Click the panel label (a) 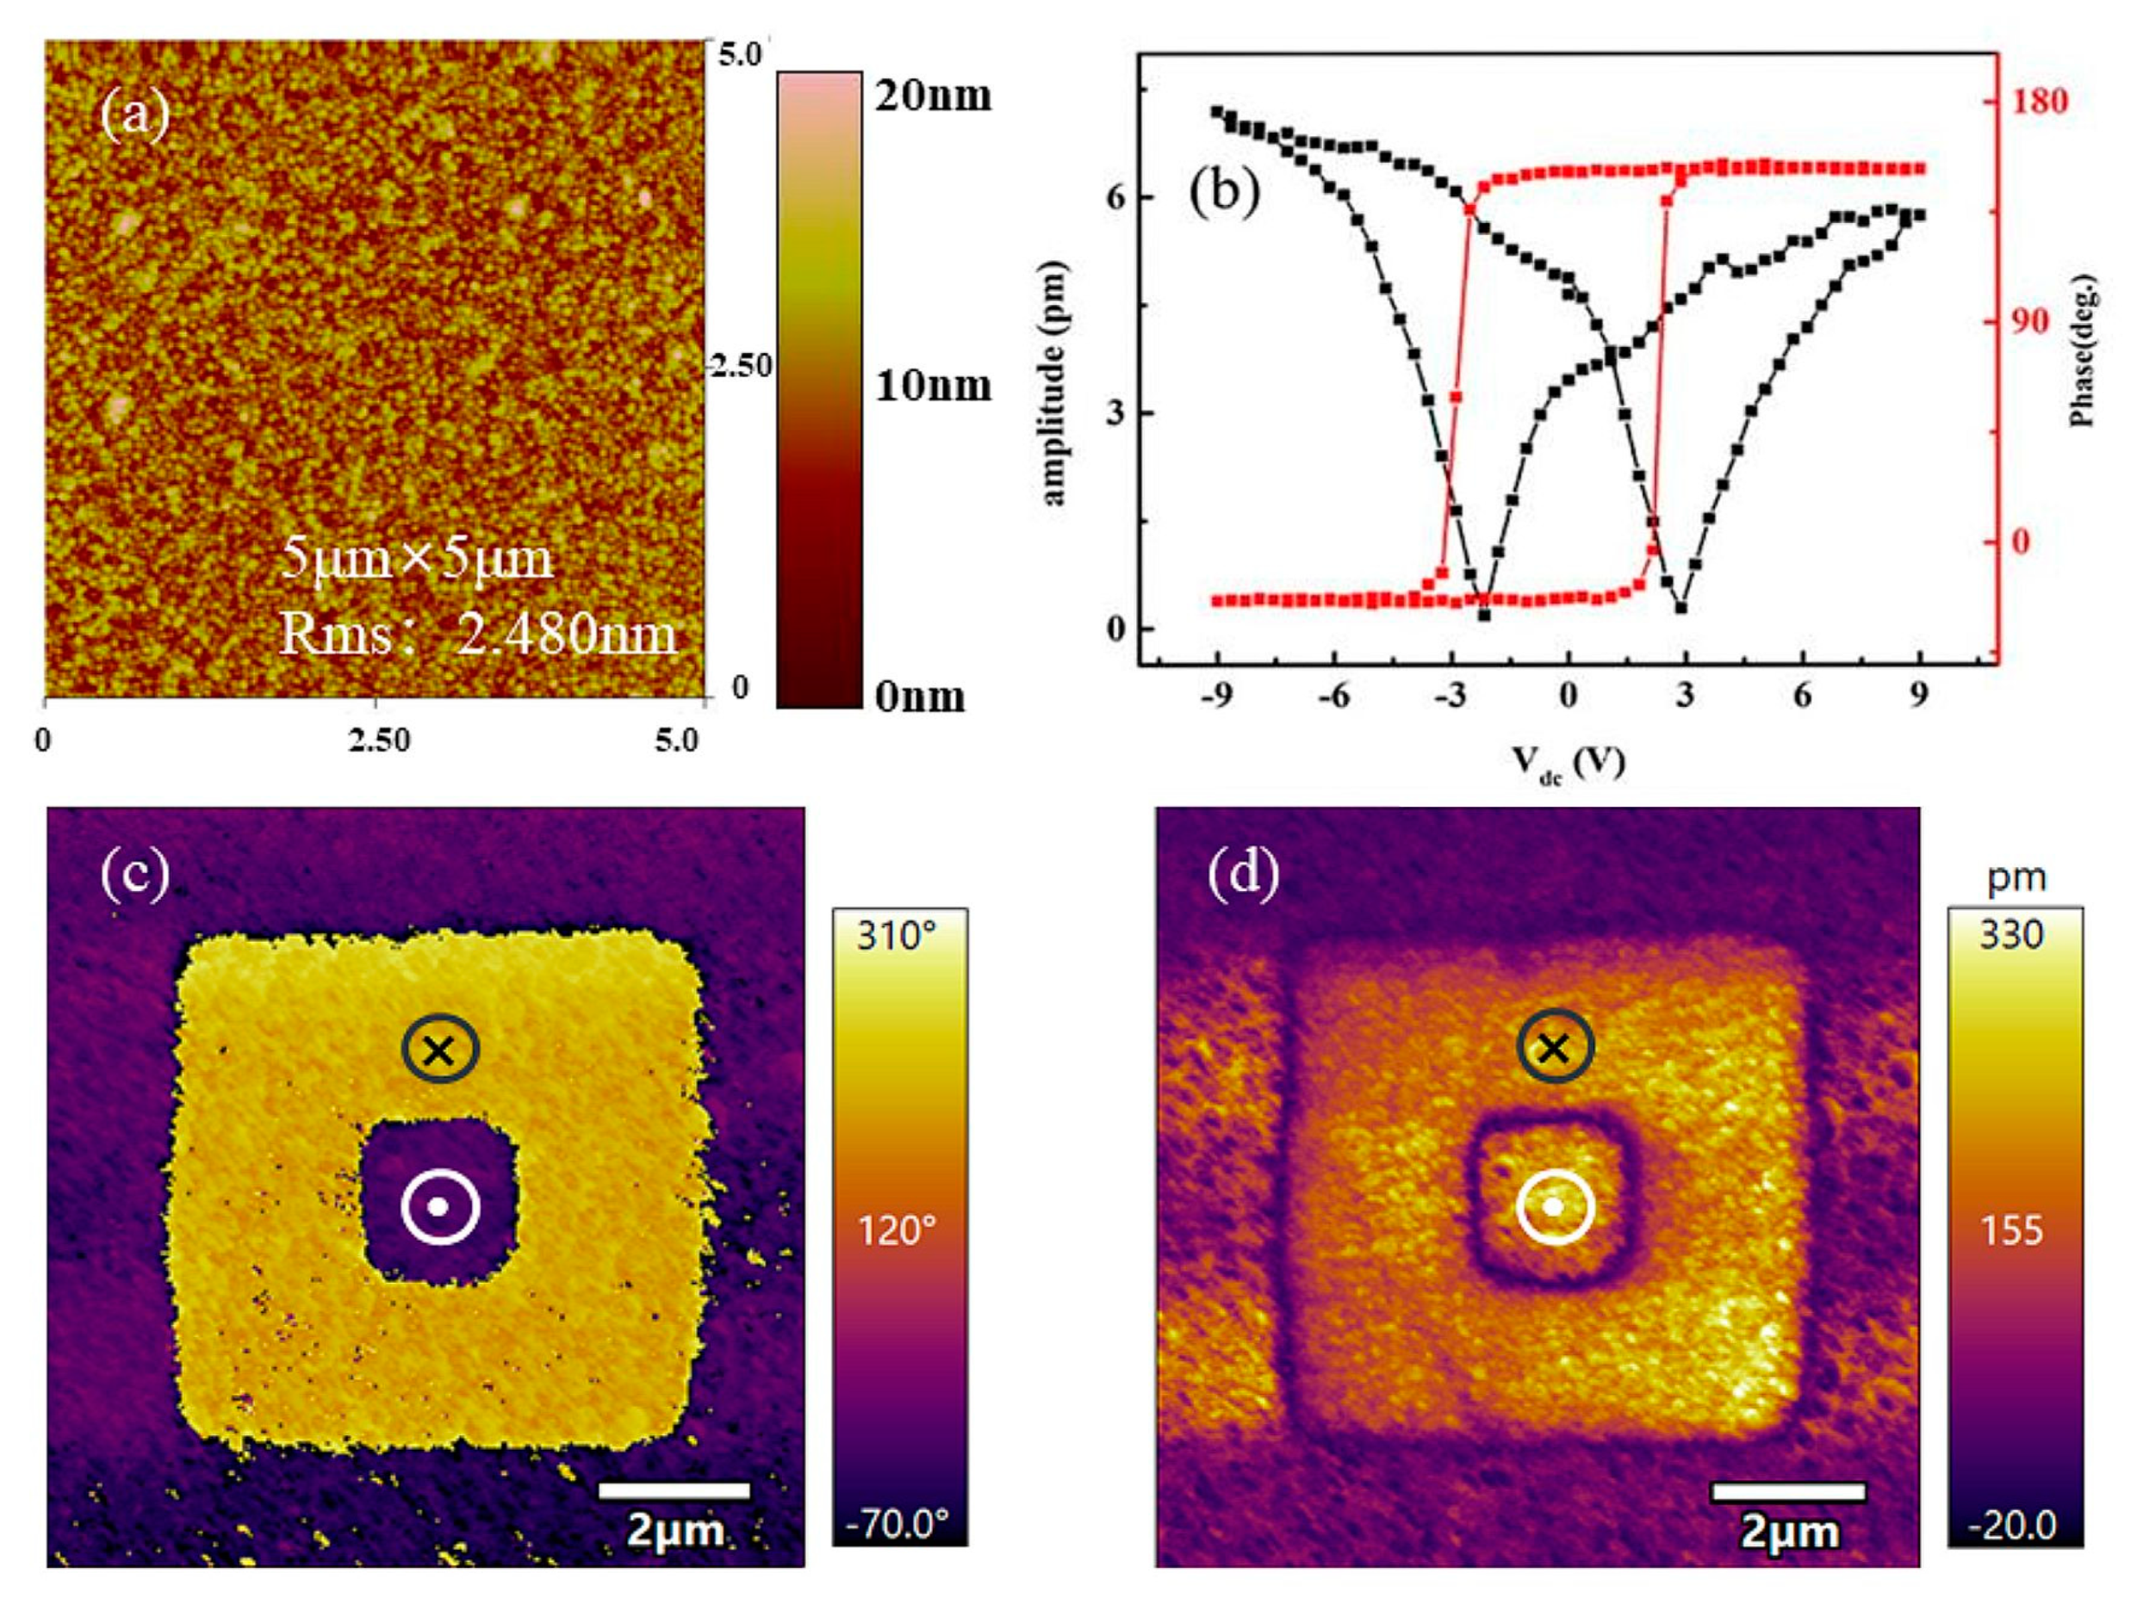tap(135, 117)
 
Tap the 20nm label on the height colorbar tap(932, 96)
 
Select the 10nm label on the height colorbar tap(932, 386)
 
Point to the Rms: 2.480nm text tap(477, 635)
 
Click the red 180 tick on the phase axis tap(2039, 102)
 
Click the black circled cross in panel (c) tap(439, 1049)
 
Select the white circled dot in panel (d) tap(1552, 1207)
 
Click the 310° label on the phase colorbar tap(898, 936)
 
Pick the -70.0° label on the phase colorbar tap(898, 1524)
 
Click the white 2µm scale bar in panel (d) tap(1787, 1491)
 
